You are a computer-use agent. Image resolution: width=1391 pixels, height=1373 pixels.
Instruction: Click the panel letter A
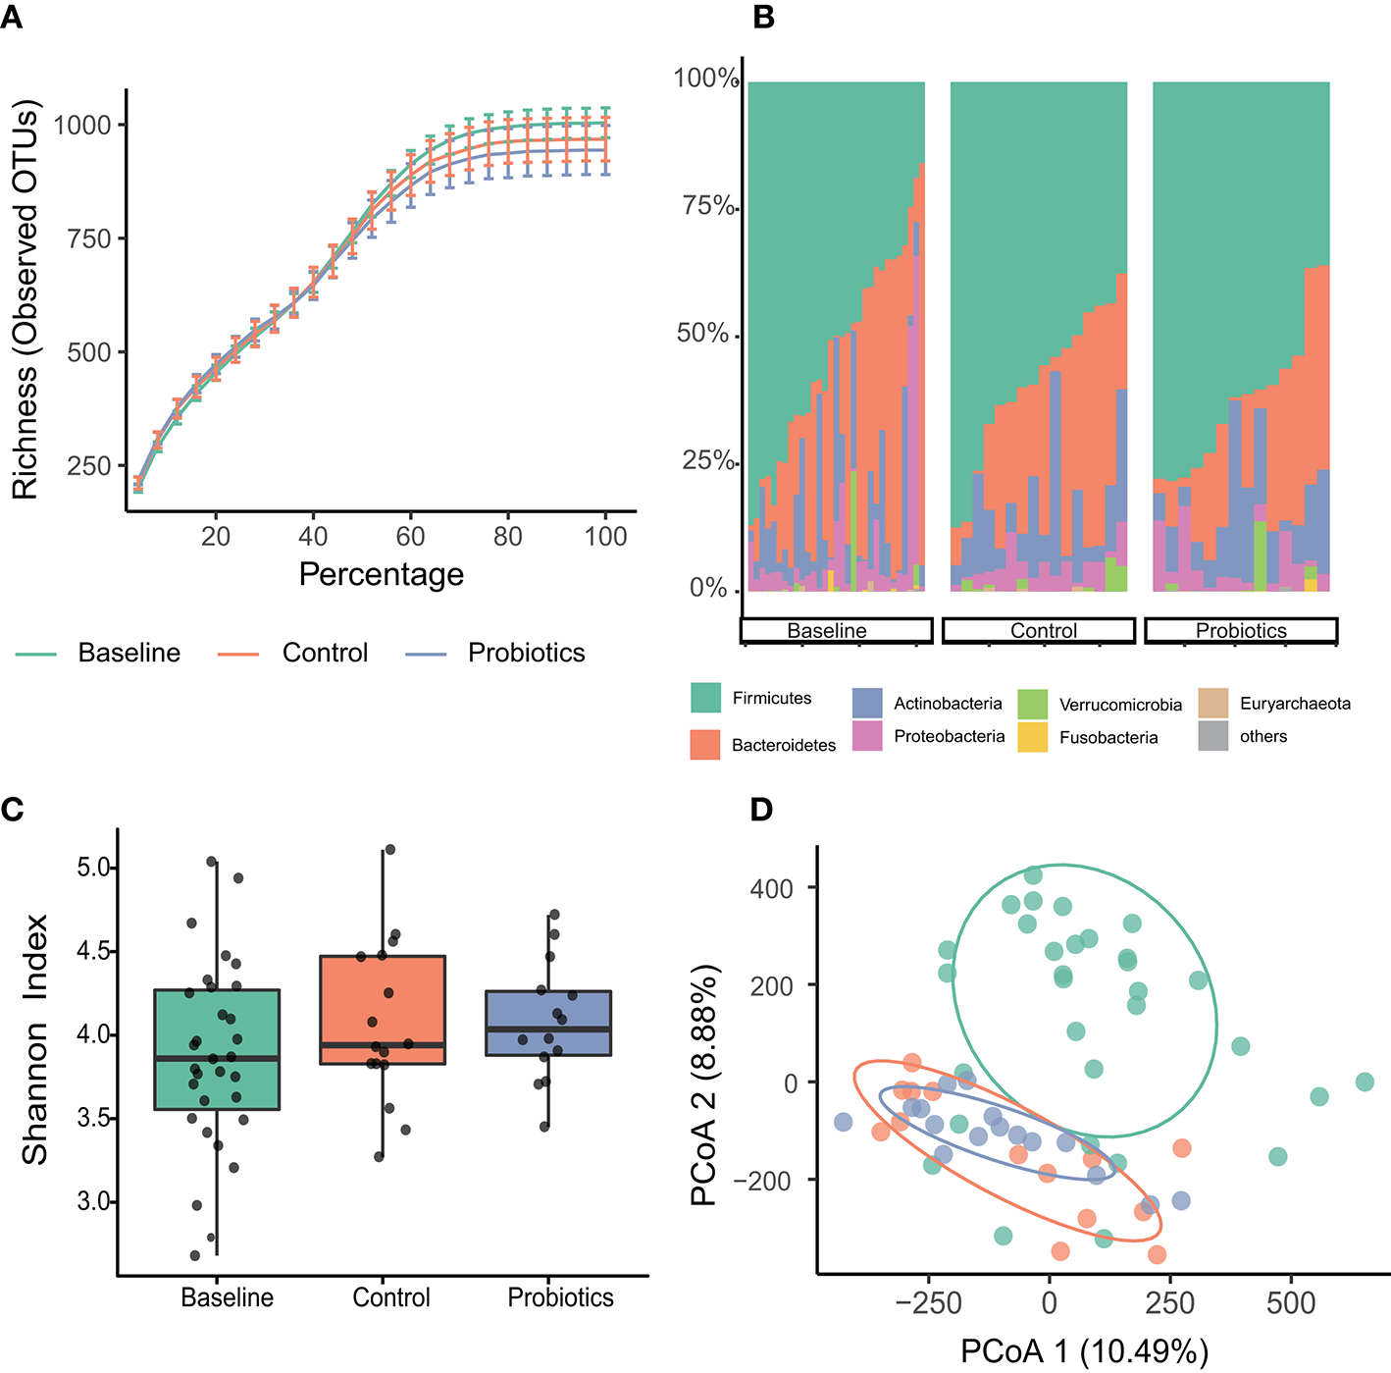click(x=11, y=17)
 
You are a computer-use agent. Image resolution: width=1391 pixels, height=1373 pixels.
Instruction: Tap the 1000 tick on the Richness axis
click(x=82, y=126)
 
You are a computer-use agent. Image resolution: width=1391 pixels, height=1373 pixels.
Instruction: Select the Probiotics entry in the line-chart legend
click(x=526, y=653)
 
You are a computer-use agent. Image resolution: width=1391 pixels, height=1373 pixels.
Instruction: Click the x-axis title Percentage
click(x=381, y=574)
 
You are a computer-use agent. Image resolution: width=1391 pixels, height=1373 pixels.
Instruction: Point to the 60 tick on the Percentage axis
click(x=410, y=536)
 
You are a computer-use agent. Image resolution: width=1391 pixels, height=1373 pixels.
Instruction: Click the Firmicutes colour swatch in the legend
click(x=705, y=698)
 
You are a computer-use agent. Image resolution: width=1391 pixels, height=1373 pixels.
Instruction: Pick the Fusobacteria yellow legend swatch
click(x=1032, y=737)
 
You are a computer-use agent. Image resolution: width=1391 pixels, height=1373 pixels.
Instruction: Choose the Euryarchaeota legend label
click(x=1295, y=704)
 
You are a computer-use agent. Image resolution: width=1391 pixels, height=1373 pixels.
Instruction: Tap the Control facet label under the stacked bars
click(x=1043, y=631)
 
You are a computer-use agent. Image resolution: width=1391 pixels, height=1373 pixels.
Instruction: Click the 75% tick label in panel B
click(x=707, y=206)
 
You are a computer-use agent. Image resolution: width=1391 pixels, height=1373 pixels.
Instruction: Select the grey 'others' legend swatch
click(x=1212, y=736)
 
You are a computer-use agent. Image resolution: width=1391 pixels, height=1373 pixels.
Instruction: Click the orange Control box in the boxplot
click(x=383, y=1009)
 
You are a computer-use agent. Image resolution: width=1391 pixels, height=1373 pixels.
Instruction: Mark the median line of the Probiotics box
click(x=548, y=1029)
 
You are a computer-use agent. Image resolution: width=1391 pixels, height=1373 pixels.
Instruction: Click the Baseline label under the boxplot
click(x=227, y=1297)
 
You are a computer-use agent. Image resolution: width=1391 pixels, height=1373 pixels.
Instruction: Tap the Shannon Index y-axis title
click(x=35, y=1039)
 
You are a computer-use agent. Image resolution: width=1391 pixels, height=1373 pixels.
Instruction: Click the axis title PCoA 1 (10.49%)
click(x=1083, y=1351)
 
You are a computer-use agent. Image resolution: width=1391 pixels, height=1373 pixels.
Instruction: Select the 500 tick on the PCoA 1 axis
click(x=1290, y=1303)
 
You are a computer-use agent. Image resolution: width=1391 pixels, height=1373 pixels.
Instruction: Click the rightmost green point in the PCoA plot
click(x=1364, y=1083)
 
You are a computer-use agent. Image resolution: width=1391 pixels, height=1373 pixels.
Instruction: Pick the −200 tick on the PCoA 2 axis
click(x=769, y=1181)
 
